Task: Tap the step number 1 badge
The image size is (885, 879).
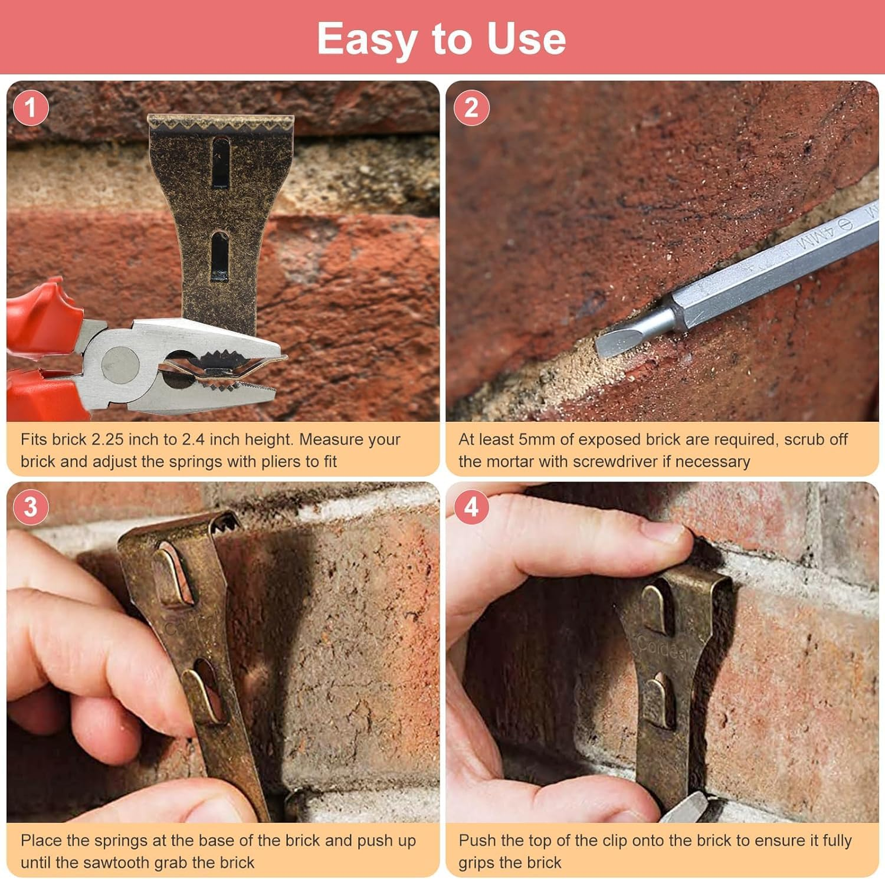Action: (x=30, y=108)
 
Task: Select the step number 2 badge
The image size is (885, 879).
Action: (x=471, y=108)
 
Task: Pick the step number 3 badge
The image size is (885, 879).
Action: (x=30, y=507)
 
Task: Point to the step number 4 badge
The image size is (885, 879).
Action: (x=471, y=507)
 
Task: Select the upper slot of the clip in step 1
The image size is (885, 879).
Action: (x=221, y=162)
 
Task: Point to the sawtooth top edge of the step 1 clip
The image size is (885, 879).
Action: (x=220, y=123)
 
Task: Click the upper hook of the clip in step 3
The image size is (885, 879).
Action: (x=172, y=575)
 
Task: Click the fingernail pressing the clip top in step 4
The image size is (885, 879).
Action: (x=667, y=533)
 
